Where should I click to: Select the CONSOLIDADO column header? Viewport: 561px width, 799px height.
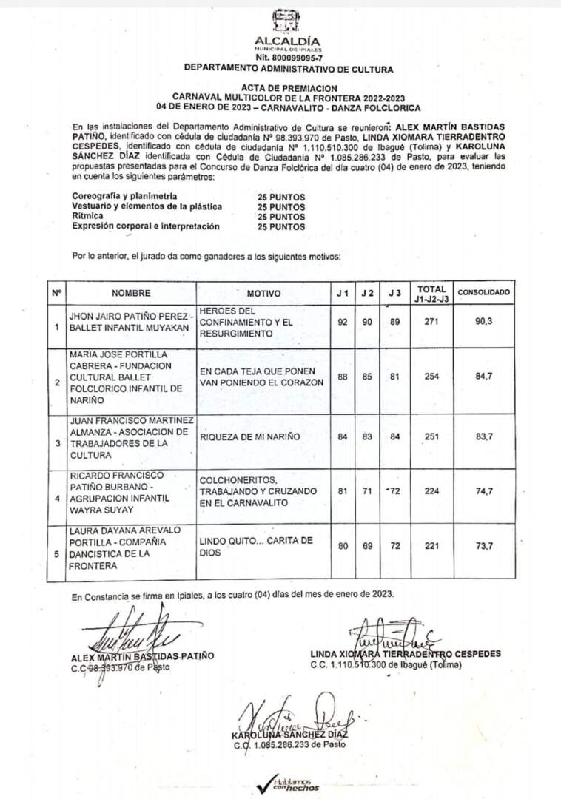click(x=484, y=292)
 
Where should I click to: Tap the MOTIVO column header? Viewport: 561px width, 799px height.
click(x=263, y=293)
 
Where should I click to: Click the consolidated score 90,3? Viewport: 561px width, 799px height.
click(x=485, y=322)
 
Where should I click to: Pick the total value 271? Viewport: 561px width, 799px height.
click(x=431, y=322)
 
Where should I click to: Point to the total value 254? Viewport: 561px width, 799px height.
click(x=431, y=376)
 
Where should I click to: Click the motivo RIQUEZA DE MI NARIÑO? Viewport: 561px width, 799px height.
click(x=250, y=436)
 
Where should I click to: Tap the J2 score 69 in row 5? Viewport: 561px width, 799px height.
click(x=368, y=546)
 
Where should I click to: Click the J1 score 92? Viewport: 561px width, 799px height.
click(x=342, y=322)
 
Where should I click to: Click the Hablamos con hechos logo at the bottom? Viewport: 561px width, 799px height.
click(x=289, y=783)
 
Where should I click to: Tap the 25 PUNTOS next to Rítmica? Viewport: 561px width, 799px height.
click(x=280, y=217)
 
